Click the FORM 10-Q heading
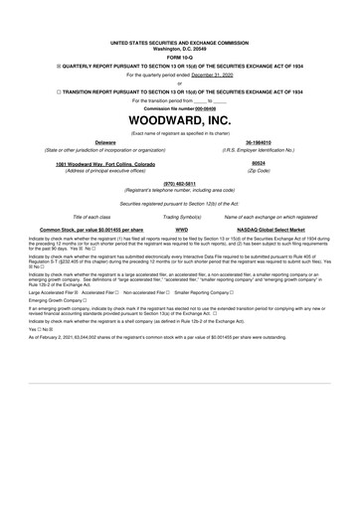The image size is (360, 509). pyautogui.click(x=180, y=56)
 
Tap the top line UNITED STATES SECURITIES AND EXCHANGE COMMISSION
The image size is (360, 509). pyautogui.click(x=180, y=43)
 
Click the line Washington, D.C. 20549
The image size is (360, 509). pyautogui.click(x=180, y=49)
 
